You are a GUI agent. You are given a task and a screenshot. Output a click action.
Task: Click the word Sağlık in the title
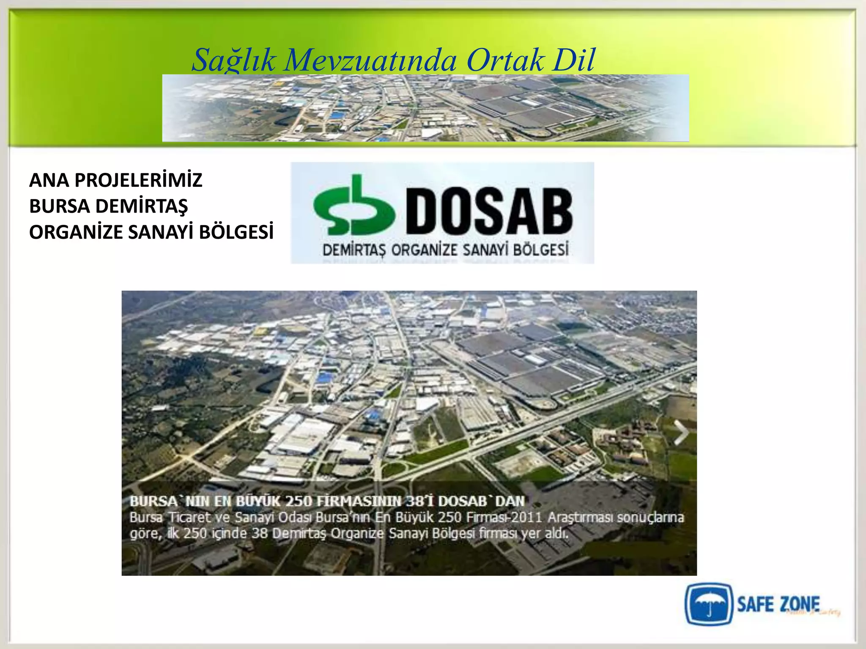click(234, 60)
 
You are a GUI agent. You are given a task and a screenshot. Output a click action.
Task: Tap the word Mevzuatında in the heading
click(370, 60)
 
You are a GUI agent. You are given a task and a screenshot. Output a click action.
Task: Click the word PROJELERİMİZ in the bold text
click(138, 180)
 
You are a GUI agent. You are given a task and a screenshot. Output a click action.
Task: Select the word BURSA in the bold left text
click(59, 206)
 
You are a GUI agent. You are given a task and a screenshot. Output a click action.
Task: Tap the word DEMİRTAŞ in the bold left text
click(141, 206)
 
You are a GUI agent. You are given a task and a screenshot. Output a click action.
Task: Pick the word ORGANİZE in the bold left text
click(76, 232)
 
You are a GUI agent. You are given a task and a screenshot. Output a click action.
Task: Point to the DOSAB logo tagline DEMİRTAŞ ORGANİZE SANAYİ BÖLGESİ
click(445, 250)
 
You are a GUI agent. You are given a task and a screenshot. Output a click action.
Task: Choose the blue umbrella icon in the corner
click(708, 605)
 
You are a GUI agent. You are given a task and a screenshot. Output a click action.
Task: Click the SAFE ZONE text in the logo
click(778, 604)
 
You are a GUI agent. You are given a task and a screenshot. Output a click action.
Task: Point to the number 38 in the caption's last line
click(260, 534)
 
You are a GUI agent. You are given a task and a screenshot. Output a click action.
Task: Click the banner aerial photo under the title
click(425, 108)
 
